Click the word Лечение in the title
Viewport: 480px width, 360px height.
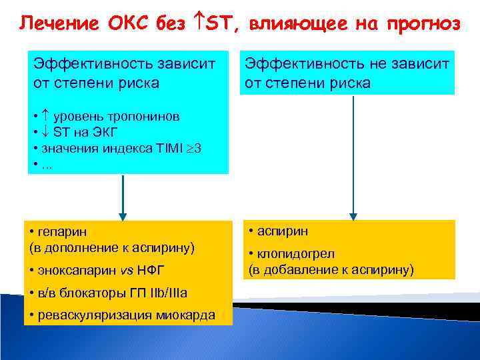(x=54, y=24)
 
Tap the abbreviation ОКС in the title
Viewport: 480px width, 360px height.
(x=123, y=24)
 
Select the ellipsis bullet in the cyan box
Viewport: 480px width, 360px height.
(x=47, y=164)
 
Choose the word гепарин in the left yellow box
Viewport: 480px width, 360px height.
(x=61, y=231)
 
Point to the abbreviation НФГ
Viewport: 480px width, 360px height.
(x=150, y=270)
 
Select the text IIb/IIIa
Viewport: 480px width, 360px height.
(x=165, y=293)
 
